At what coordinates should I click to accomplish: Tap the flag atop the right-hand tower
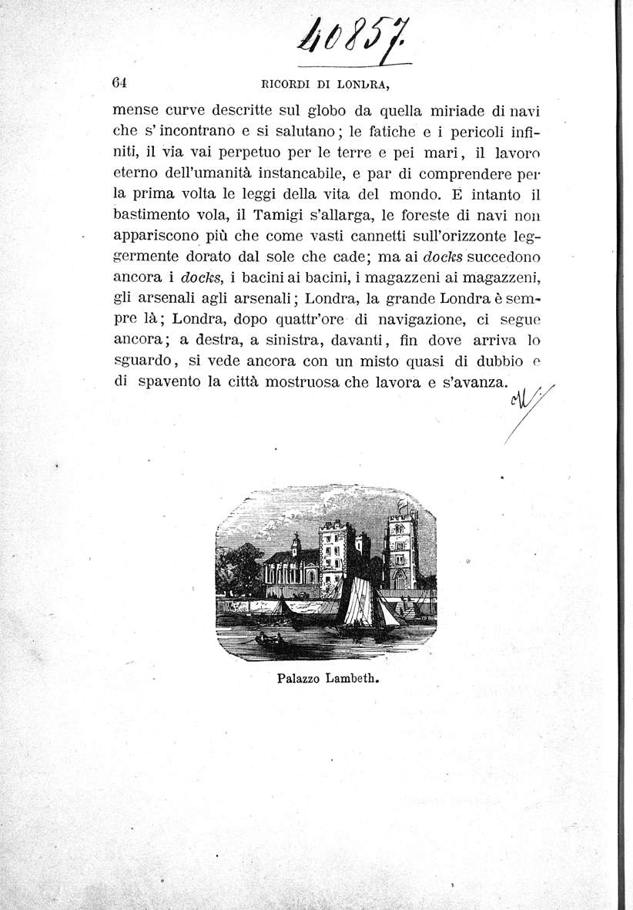click(x=400, y=507)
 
